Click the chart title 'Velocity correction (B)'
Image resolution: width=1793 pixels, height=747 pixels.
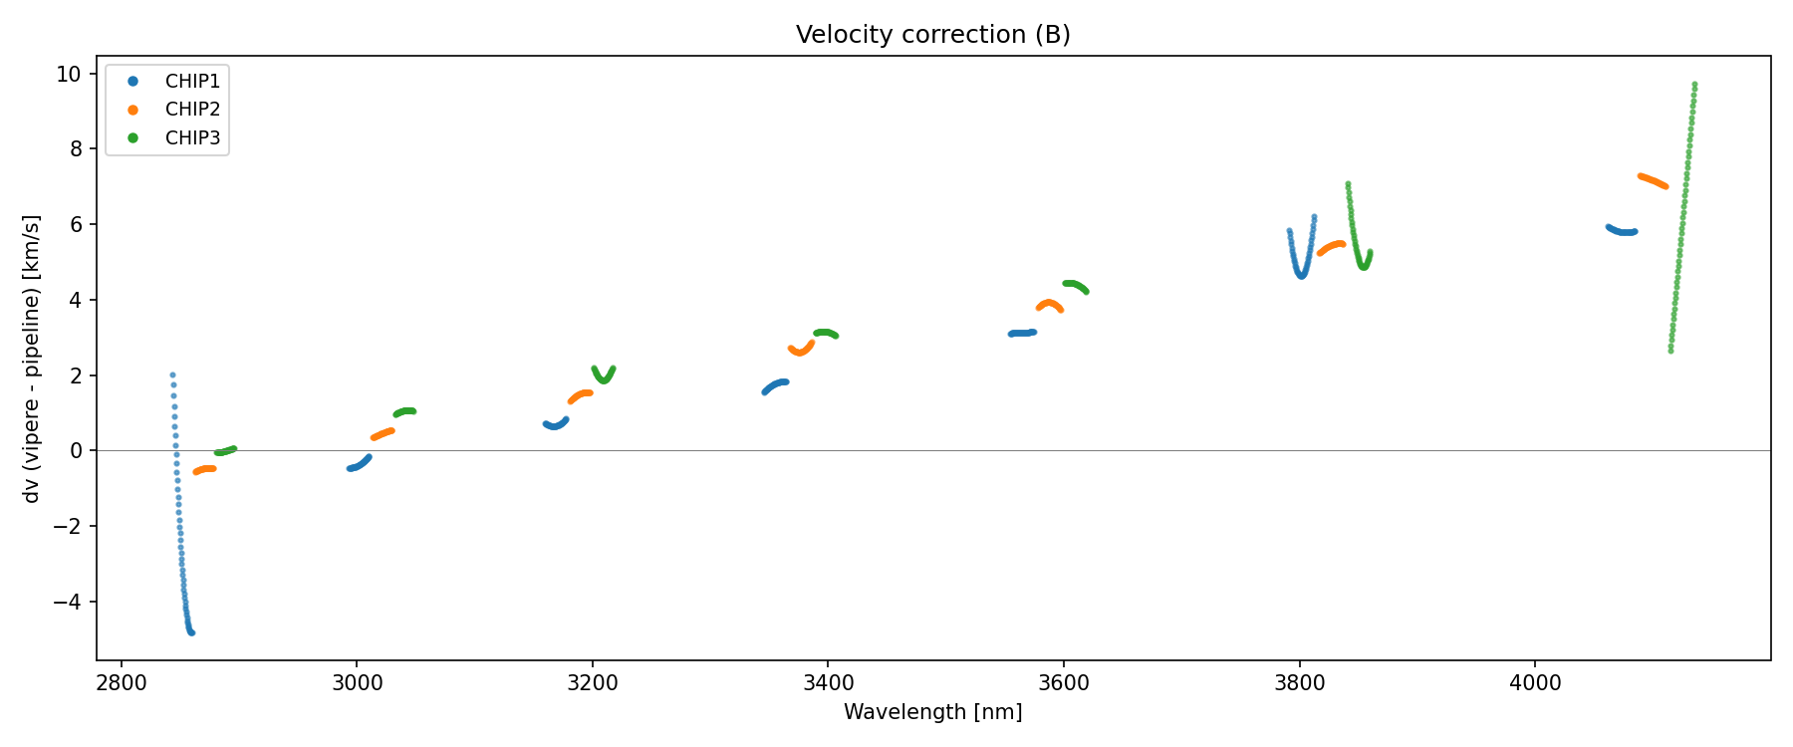(932, 35)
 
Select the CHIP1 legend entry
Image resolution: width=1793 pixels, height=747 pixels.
(192, 82)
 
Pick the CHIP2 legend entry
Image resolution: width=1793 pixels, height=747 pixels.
(192, 110)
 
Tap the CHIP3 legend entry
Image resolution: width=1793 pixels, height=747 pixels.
(192, 138)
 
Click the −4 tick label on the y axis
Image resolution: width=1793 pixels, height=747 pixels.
(70, 602)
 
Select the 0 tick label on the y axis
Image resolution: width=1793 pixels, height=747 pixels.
(77, 450)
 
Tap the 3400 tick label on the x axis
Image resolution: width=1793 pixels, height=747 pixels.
(828, 682)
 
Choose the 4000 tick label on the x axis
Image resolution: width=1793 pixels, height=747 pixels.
(1534, 682)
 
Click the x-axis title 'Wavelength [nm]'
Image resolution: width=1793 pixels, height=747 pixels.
(932, 712)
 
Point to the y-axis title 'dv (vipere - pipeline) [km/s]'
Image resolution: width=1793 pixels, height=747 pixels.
(32, 359)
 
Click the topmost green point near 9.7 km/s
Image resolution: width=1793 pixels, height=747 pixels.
(1694, 85)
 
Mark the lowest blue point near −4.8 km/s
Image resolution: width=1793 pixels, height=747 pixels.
(191, 632)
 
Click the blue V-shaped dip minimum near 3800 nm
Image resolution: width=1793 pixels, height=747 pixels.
(1301, 275)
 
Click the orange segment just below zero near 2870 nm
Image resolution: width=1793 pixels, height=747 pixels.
(205, 469)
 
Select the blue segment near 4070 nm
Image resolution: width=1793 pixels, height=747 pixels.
(1623, 231)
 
